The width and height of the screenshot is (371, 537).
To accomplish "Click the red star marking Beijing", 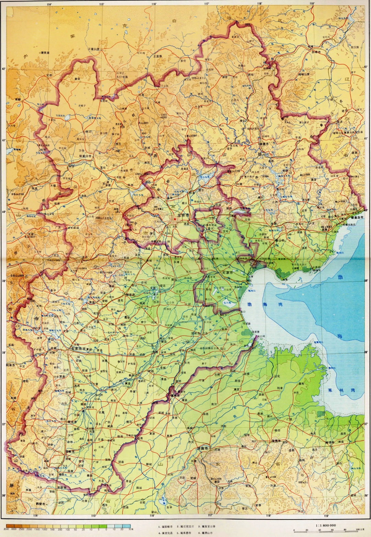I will pyautogui.click(x=175, y=219).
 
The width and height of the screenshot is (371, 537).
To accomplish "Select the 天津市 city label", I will pyautogui.click(x=227, y=272).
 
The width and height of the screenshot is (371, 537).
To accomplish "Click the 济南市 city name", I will pyautogui.click(x=203, y=449).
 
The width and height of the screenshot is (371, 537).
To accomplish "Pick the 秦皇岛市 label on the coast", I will pyautogui.click(x=356, y=217).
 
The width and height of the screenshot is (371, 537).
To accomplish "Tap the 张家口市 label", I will pyautogui.click(x=86, y=156).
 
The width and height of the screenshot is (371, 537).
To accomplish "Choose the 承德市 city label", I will pyautogui.click(x=264, y=144).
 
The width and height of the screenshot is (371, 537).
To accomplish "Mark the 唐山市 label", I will pyautogui.click(x=278, y=241).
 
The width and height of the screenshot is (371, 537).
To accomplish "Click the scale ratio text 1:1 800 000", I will pyautogui.click(x=325, y=525).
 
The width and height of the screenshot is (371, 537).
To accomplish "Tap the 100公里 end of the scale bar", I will pyautogui.click(x=360, y=530).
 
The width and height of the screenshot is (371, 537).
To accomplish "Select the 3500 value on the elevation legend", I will pyautogui.click(x=6, y=529).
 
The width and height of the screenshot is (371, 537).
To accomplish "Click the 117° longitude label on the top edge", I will pyautogui.click(x=207, y=4).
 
